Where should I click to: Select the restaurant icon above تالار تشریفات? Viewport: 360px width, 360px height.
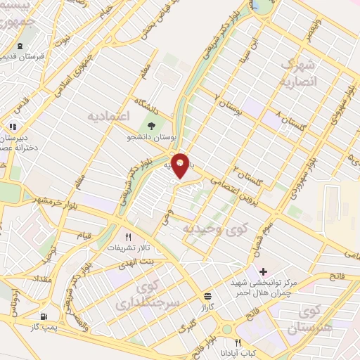[x=128, y=237]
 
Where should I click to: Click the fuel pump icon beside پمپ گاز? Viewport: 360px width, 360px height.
[x=45, y=317]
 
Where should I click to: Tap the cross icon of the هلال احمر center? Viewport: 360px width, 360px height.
[x=263, y=271]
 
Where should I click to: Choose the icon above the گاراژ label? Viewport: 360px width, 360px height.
[x=207, y=296]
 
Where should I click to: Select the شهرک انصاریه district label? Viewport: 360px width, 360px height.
[x=300, y=73]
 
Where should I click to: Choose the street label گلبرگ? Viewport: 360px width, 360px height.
[x=186, y=328]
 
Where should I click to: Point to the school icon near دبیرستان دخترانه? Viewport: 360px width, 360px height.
[x=12, y=127]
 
